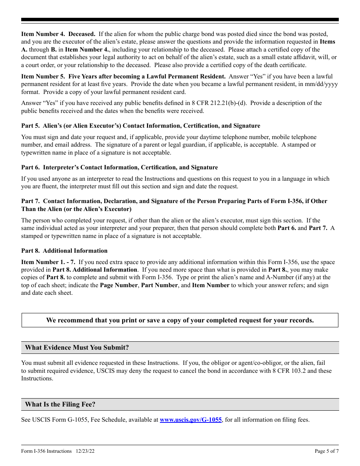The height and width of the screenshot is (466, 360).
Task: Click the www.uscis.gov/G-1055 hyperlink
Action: (x=191, y=420)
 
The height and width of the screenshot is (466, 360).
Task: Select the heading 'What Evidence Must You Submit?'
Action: (x=77, y=347)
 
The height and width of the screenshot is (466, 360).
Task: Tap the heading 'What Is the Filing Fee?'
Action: (x=60, y=404)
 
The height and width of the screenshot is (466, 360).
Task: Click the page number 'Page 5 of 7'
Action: (x=327, y=451)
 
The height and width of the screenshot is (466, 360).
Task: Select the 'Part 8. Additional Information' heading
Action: (x=64, y=251)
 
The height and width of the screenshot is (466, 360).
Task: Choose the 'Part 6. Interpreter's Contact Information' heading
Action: (x=119, y=167)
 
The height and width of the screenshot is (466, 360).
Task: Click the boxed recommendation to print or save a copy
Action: (x=180, y=320)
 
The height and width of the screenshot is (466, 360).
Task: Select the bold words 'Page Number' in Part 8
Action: (x=119, y=285)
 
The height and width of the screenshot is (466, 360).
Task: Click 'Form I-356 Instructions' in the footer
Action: (x=46, y=451)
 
